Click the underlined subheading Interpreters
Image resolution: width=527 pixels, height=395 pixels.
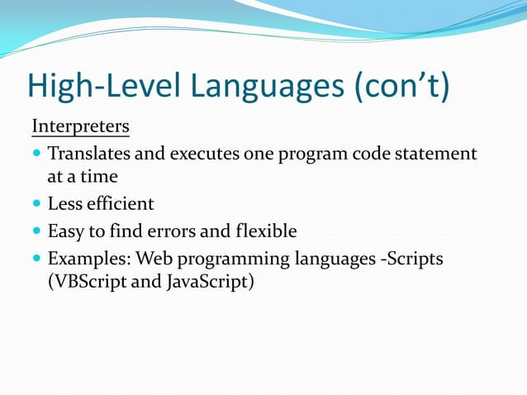(80, 127)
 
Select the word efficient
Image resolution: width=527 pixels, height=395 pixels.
(119, 203)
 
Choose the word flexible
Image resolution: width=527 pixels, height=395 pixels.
(266, 230)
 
